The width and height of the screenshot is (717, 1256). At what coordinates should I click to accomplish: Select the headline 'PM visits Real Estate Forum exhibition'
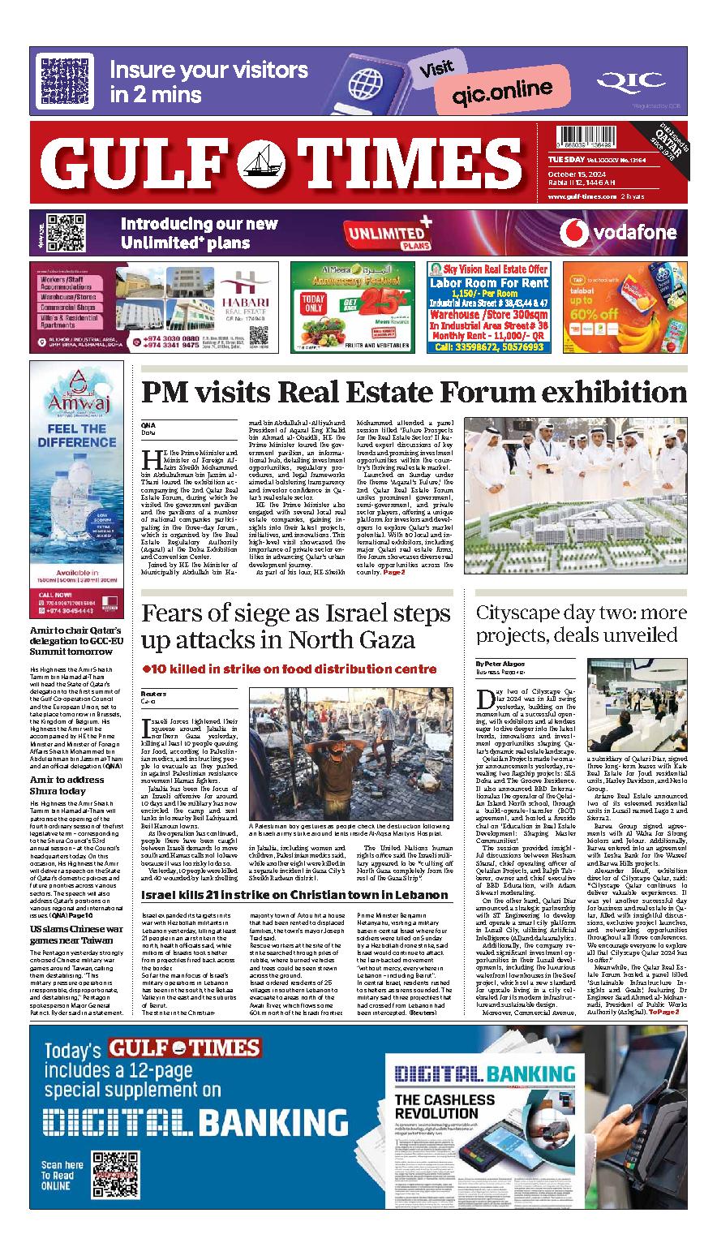414,393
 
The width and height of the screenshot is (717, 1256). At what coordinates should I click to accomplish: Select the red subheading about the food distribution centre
289,669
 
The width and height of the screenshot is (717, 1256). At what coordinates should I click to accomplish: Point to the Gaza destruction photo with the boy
350,751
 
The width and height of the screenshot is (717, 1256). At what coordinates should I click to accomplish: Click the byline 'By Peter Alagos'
501,664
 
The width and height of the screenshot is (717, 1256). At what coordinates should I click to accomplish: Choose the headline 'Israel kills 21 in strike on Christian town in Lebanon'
294,894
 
